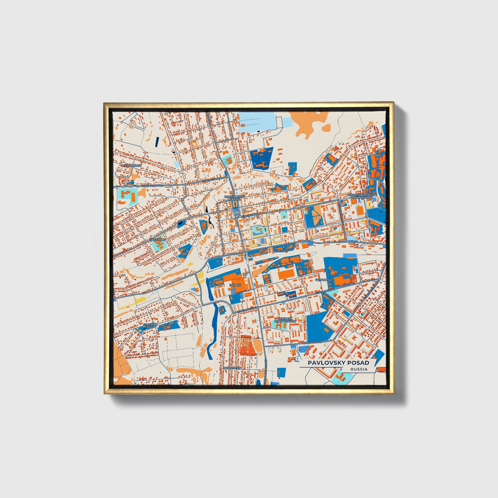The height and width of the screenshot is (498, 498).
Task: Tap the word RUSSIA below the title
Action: point(359,369)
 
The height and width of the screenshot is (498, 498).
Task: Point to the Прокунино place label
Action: point(132,166)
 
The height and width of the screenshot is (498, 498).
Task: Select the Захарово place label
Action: point(158,239)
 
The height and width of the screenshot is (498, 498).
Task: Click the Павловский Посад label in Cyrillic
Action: point(234,198)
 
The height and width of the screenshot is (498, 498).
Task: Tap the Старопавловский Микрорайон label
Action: point(362,196)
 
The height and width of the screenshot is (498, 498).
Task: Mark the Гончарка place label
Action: point(323,280)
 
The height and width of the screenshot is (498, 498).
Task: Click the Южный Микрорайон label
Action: point(285,320)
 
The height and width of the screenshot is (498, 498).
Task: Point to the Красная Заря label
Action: point(150,326)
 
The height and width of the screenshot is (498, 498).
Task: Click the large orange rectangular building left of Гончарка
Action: point(286,274)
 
